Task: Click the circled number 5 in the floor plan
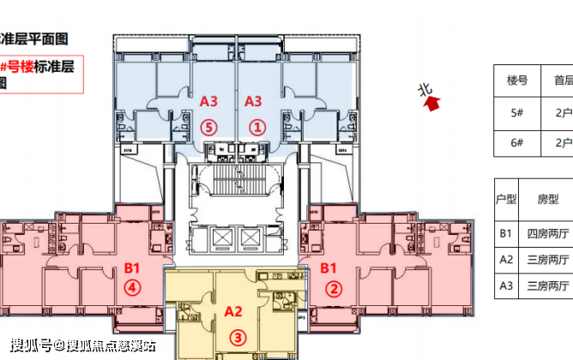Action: click(x=208, y=127)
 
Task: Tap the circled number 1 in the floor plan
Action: click(x=254, y=127)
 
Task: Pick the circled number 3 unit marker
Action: click(x=233, y=337)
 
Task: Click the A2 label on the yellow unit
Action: click(x=233, y=312)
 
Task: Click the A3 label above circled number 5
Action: click(x=208, y=101)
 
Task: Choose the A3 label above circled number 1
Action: click(x=254, y=101)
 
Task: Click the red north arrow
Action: click(x=433, y=104)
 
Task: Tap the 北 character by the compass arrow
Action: click(x=423, y=88)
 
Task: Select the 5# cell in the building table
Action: click(x=516, y=111)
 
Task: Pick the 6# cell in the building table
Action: click(x=516, y=142)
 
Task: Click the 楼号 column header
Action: click(x=516, y=81)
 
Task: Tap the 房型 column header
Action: click(x=548, y=198)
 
